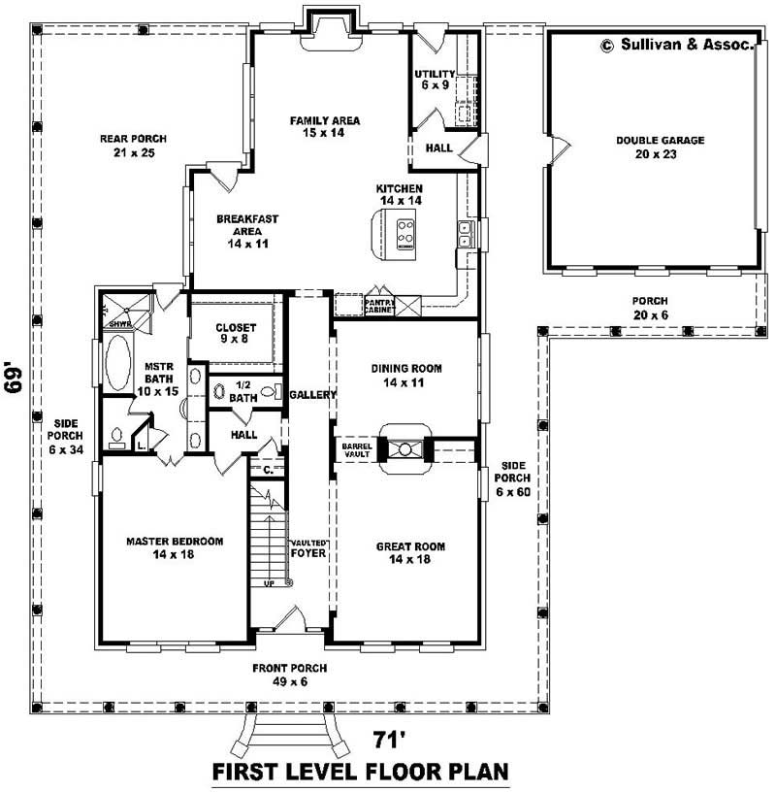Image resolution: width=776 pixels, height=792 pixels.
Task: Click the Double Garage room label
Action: (660, 147)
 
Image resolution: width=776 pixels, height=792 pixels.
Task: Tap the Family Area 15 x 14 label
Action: (325, 126)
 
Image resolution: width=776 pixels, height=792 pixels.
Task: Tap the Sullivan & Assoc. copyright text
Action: (676, 45)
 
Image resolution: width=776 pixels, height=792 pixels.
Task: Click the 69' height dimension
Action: (14, 379)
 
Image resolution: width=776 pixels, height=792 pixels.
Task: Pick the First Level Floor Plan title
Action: (361, 773)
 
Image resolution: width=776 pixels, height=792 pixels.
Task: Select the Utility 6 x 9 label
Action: (434, 80)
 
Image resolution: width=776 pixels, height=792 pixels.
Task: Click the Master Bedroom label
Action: (175, 547)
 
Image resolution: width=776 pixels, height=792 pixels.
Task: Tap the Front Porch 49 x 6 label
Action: (289, 675)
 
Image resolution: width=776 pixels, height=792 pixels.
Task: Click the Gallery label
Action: (312, 395)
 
